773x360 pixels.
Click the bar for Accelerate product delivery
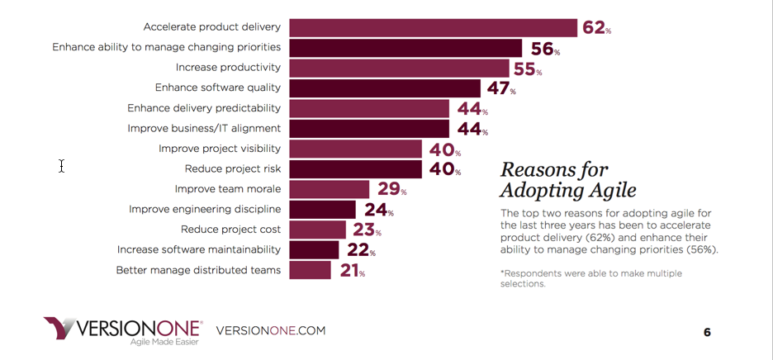coord(433,27)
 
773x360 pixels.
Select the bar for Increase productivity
coord(399,68)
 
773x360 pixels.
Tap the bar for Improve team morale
coord(330,189)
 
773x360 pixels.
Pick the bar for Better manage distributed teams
coord(311,270)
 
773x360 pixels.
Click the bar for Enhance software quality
coord(385,88)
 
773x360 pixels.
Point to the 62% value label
coord(596,28)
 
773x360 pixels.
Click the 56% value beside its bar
coord(545,49)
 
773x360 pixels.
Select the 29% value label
coord(392,190)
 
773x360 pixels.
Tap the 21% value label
coord(351,270)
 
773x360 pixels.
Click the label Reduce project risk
coord(232,168)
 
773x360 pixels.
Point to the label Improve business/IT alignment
coord(204,129)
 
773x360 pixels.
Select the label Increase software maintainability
coord(199,249)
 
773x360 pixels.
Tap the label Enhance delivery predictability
coord(204,108)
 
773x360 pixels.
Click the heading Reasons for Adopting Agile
coord(567,180)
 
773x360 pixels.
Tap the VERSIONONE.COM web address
coord(270,331)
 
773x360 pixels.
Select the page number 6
coord(707,333)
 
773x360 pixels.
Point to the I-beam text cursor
coord(61,166)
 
